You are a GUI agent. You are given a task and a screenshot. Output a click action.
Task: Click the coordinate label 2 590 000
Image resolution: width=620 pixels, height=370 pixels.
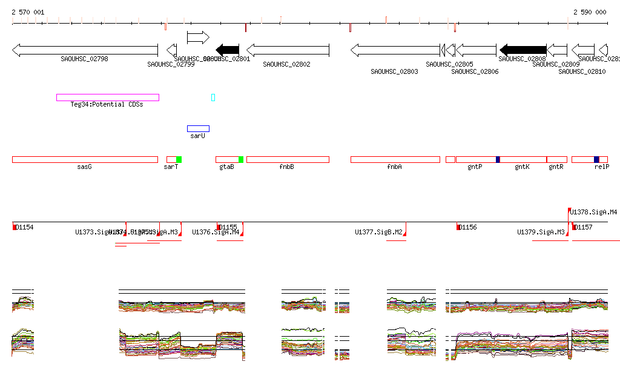click(x=590, y=12)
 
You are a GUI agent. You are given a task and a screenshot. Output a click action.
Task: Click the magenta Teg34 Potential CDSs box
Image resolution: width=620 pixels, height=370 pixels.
click(x=108, y=97)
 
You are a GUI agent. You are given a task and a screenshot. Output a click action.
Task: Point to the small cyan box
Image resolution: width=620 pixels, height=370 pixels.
click(x=213, y=97)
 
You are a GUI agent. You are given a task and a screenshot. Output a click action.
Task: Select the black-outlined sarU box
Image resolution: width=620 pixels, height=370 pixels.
click(x=198, y=128)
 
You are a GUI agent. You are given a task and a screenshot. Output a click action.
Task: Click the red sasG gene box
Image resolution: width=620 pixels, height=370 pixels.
click(x=85, y=159)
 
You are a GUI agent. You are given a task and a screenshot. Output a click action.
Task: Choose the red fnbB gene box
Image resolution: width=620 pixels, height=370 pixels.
click(x=288, y=159)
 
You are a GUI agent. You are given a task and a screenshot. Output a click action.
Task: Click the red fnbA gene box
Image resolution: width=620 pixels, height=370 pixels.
click(x=395, y=159)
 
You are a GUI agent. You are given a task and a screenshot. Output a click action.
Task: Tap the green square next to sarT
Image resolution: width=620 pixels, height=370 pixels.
click(x=179, y=159)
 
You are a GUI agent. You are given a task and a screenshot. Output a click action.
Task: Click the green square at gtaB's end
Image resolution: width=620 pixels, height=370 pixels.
click(x=240, y=159)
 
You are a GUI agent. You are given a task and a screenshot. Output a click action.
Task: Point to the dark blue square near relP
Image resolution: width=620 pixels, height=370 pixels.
click(x=596, y=159)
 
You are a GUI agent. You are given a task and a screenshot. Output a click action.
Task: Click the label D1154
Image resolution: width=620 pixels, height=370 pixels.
click(x=25, y=228)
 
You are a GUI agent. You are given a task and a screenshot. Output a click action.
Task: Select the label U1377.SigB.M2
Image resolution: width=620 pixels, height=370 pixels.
click(x=378, y=232)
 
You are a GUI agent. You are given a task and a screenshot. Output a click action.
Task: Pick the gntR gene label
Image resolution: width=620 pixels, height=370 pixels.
click(x=556, y=167)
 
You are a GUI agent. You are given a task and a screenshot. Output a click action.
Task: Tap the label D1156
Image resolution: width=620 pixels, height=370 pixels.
click(x=468, y=228)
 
